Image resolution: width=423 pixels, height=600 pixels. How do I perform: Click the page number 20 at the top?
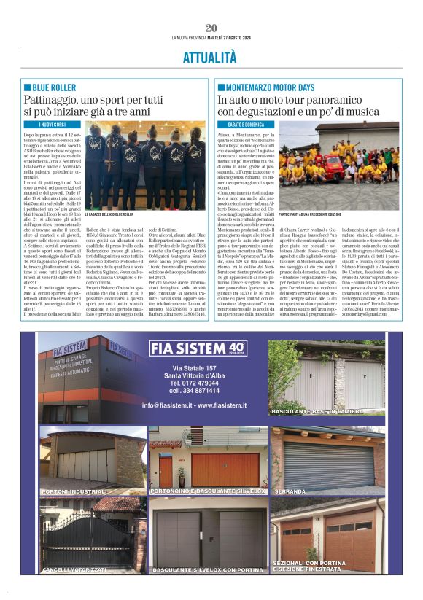(211, 28)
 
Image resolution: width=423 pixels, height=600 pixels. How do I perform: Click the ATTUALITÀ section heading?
(211, 57)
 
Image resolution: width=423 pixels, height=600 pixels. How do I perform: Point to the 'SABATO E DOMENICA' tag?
(244, 125)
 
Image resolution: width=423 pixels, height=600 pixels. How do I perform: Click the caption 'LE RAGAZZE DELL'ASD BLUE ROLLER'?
(110, 214)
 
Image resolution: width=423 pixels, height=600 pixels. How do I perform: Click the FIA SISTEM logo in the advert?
(197, 348)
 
